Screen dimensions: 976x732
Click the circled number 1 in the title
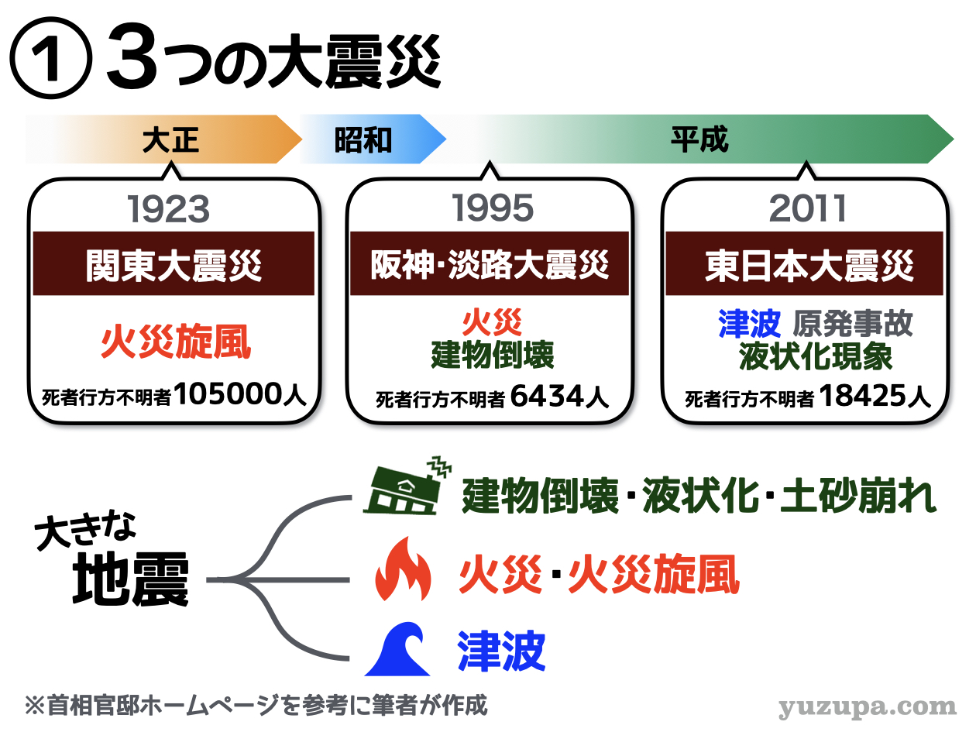50,58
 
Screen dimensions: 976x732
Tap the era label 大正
170,140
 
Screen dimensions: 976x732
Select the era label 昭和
363,140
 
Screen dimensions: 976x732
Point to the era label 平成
699,139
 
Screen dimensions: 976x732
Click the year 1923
169,209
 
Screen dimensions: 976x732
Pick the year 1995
492,208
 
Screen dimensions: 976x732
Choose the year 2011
807,208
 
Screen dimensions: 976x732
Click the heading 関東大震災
174,266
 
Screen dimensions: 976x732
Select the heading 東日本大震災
809,266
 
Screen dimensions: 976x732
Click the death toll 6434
547,396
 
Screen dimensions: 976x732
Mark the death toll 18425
861,396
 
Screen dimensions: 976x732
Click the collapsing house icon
407,486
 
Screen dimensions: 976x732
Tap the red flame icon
403,569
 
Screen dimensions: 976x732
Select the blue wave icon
397,649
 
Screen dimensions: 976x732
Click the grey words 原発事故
853,324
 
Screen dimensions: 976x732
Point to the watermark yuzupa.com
868,708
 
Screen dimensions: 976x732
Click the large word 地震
131,579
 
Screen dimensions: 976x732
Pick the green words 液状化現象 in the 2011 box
816,356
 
